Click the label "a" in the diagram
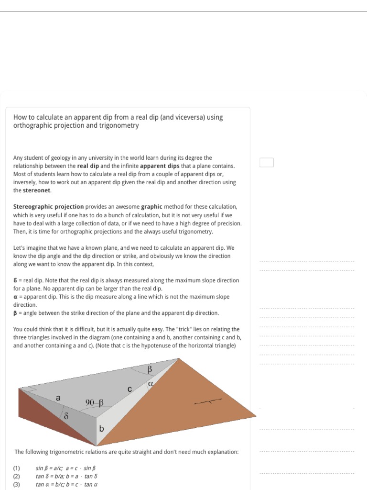pyautogui.click(x=58, y=398)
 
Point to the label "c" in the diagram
pyautogui.click(x=130, y=390)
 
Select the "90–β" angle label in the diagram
pyautogui.click(x=95, y=403)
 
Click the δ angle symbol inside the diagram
pyautogui.click(x=66, y=416)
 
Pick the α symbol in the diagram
pyautogui.click(x=151, y=383)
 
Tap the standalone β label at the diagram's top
pyautogui.click(x=149, y=369)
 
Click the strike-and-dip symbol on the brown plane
pyautogui.click(x=208, y=402)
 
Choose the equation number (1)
pyautogui.click(x=17, y=468)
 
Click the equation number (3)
pyautogui.click(x=17, y=484)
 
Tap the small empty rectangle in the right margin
pyautogui.click(x=267, y=163)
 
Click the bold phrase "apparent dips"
pyautogui.click(x=160, y=166)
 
